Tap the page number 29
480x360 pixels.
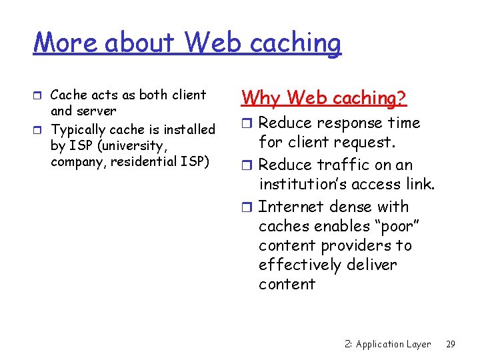[451, 344]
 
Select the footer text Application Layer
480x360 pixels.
[393, 344]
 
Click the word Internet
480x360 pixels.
[288, 207]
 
